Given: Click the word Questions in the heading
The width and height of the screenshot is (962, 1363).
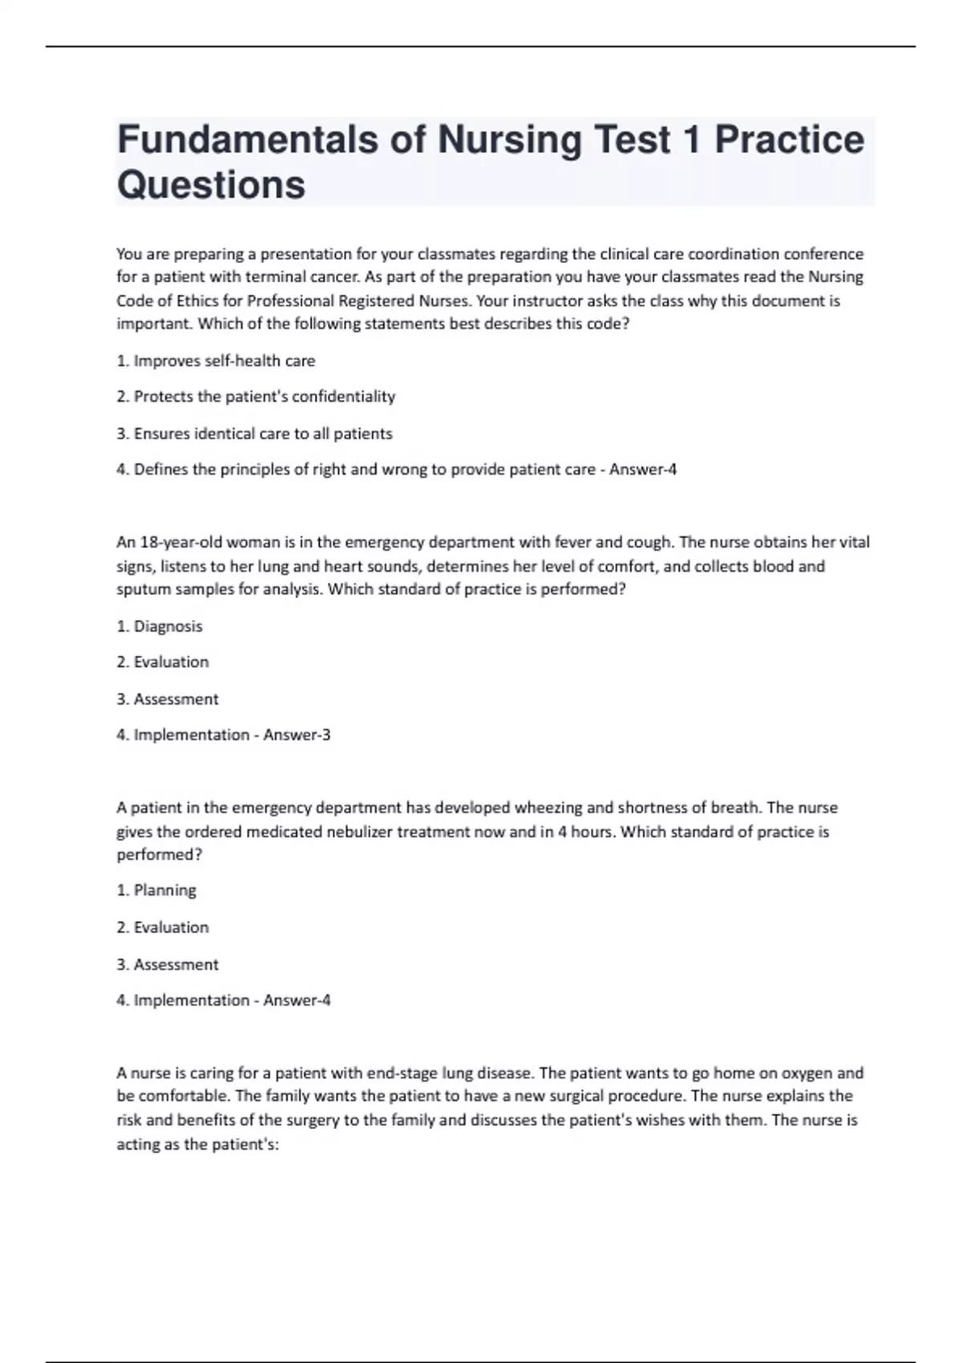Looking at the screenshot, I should click(x=211, y=185).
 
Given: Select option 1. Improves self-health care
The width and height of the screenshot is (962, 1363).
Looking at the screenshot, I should click(x=216, y=361).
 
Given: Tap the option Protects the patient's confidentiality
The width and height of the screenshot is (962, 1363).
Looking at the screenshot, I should click(x=256, y=396).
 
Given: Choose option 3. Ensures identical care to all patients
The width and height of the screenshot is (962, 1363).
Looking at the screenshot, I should click(x=254, y=434).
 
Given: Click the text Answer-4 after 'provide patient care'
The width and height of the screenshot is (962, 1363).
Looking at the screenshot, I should click(x=643, y=469).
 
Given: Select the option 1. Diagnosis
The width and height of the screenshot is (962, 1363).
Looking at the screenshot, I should click(x=160, y=626).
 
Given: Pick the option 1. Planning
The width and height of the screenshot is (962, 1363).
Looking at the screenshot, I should click(x=156, y=890).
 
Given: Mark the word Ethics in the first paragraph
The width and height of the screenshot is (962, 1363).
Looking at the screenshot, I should click(x=190, y=301).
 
